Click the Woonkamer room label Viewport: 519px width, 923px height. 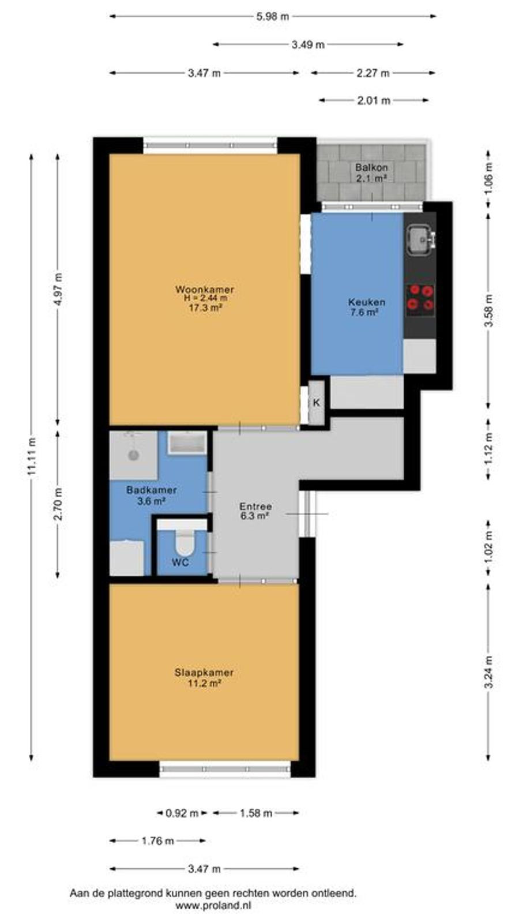[205, 289]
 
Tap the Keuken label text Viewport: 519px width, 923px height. [367, 302]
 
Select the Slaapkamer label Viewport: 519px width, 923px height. [204, 673]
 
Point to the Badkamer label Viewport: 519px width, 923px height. [152, 490]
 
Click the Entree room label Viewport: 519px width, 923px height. [256, 506]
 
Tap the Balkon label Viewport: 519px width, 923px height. [371, 168]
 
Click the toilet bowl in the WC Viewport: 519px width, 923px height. [185, 543]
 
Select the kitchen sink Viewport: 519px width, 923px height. [421, 241]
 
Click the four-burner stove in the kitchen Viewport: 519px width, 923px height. [420, 297]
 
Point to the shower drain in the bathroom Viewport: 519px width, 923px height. [133, 455]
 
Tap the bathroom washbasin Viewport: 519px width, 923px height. [187, 443]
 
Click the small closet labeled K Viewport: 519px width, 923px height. [317, 403]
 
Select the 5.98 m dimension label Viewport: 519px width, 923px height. [272, 17]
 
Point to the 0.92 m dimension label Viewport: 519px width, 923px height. [182, 813]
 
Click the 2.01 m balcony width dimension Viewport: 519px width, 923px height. [374, 100]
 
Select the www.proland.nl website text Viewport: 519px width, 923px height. [213, 906]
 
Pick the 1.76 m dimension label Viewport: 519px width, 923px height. [158, 841]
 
